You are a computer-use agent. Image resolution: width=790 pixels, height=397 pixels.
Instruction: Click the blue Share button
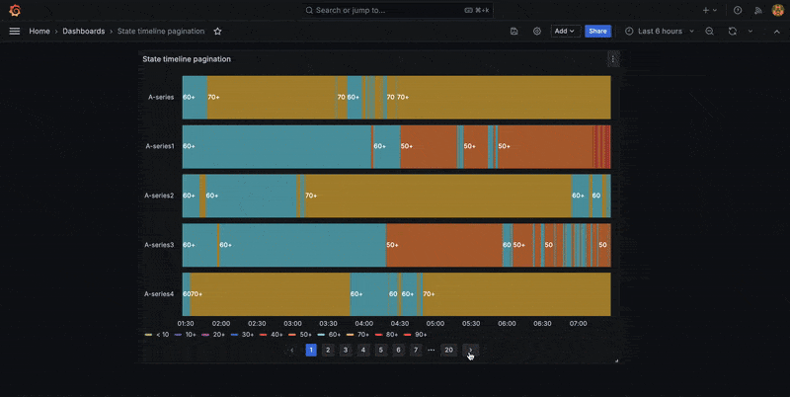pyautogui.click(x=597, y=31)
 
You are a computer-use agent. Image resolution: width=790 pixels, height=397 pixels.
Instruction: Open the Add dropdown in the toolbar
pyautogui.click(x=565, y=31)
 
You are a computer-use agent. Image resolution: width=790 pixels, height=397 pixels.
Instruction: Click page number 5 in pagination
pyautogui.click(x=380, y=350)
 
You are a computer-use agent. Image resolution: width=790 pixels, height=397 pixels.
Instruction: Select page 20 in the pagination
pyautogui.click(x=448, y=350)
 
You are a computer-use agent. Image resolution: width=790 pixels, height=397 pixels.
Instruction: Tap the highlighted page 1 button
pyautogui.click(x=311, y=350)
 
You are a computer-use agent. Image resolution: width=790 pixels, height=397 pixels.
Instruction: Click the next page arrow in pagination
pyautogui.click(x=471, y=350)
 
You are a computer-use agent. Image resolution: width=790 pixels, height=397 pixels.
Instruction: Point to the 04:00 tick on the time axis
pyautogui.click(x=363, y=323)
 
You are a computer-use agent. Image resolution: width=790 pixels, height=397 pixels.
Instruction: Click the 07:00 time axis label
pyautogui.click(x=578, y=323)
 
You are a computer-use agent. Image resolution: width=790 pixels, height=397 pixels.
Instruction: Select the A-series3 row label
pyautogui.click(x=159, y=245)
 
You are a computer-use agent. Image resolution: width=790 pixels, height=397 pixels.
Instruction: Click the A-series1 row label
pyautogui.click(x=159, y=146)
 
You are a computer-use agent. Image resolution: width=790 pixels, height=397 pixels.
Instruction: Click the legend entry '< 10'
pyautogui.click(x=157, y=335)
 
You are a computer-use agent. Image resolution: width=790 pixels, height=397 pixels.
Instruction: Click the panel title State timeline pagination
pyautogui.click(x=187, y=59)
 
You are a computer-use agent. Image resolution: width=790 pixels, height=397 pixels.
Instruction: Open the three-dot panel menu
pyautogui.click(x=612, y=59)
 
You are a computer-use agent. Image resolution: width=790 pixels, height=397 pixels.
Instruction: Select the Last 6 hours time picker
pyautogui.click(x=659, y=31)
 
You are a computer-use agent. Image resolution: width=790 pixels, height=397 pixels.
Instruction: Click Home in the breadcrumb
pyautogui.click(x=39, y=31)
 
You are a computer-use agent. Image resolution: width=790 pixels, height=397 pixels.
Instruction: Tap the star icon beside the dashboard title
pyautogui.click(x=217, y=31)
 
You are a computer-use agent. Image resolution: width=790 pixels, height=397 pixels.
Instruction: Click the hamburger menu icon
pyautogui.click(x=14, y=31)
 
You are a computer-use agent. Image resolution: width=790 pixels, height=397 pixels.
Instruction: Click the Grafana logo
pyautogui.click(x=14, y=10)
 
